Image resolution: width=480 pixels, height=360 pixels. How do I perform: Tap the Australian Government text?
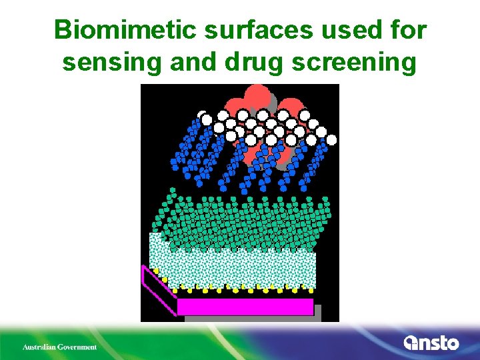point(59,347)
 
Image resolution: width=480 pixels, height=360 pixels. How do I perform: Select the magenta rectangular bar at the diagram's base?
point(245,307)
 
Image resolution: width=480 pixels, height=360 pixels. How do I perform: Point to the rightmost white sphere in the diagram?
point(331,140)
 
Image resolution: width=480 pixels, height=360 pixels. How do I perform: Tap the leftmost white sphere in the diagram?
point(203,115)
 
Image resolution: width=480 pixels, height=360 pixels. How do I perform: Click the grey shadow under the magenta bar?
point(253,319)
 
